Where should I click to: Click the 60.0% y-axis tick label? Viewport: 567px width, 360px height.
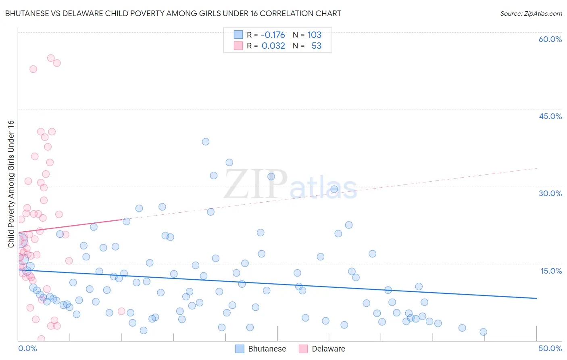pos(550,39)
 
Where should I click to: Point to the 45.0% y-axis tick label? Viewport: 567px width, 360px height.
pos(550,116)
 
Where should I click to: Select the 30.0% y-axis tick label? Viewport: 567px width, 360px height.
pos(550,193)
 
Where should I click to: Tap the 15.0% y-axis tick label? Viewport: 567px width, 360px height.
pos(551,271)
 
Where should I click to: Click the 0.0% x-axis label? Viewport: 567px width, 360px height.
pos(27,348)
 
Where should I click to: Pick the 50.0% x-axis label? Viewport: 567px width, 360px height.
pos(550,348)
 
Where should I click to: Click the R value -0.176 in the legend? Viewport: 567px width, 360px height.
pos(273,35)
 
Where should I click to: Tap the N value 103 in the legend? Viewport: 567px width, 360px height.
pos(315,35)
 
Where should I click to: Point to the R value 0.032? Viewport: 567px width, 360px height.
pos(273,46)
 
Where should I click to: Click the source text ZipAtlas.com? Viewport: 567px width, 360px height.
pos(531,13)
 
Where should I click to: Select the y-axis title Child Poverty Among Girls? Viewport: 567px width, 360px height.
pos(11,184)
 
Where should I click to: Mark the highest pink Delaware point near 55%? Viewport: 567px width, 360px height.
pos(51,58)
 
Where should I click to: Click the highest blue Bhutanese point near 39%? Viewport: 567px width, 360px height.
pos(206,142)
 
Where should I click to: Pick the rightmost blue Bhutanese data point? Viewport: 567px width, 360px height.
pos(483,332)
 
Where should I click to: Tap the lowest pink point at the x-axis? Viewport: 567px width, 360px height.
pos(41,339)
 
